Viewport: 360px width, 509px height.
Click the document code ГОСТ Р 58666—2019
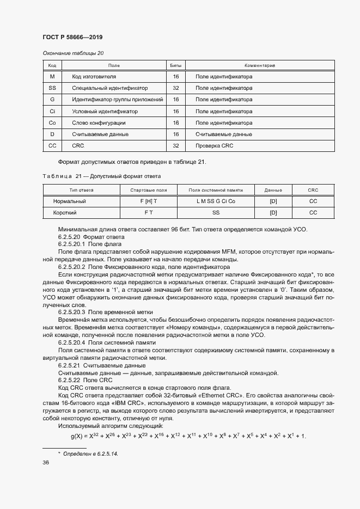pyautogui.click(x=72, y=37)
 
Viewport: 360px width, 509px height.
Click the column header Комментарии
pyautogui.click(x=259, y=65)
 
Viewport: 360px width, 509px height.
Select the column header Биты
pyautogui.click(x=176, y=65)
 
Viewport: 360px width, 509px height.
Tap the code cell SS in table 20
pyautogui.click(x=52, y=88)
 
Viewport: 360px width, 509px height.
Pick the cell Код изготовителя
pyautogui.click(x=94, y=77)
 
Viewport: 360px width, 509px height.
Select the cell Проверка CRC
pyautogui.click(x=214, y=146)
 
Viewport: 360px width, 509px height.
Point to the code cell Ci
pyautogui.click(x=52, y=112)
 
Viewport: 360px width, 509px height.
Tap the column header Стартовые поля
pyautogui.click(x=149, y=190)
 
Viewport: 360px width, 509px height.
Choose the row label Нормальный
pyautogui.click(x=69, y=201)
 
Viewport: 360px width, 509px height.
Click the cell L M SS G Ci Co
pyautogui.click(x=216, y=201)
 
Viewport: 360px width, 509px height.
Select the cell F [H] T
pyautogui.click(x=149, y=201)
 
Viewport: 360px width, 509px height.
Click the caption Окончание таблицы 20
pyautogui.click(x=73, y=53)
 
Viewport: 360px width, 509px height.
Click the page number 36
pyautogui.click(x=46, y=462)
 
